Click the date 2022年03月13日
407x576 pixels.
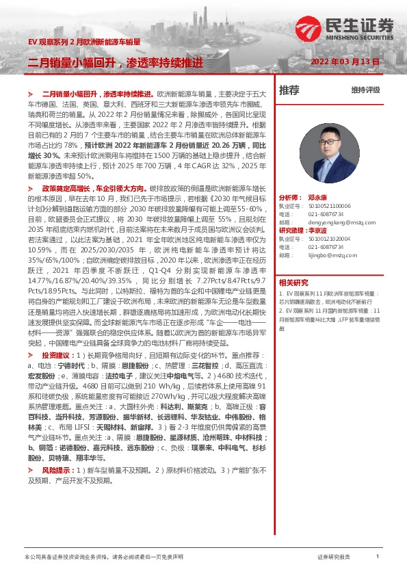coord(345,62)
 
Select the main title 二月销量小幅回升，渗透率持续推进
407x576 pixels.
coord(116,62)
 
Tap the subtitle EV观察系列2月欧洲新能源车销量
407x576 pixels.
coord(84,42)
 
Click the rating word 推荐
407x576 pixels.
coord(289,90)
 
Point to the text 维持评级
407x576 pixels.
coord(365,90)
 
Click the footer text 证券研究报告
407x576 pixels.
coord(334,557)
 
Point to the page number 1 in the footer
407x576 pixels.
coord(377,557)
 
